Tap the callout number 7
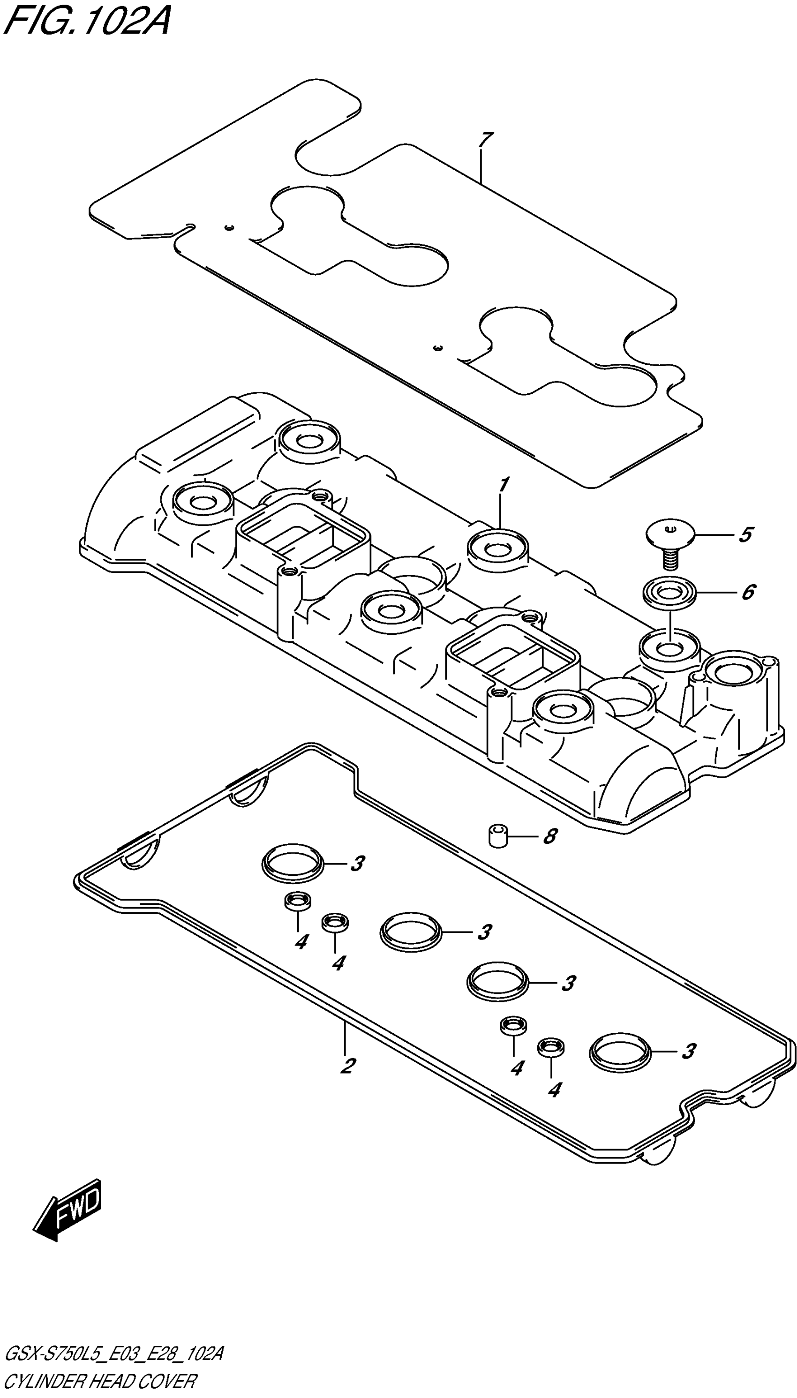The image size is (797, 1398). point(485,140)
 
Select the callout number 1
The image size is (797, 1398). point(504,485)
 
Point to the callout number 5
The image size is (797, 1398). point(745,535)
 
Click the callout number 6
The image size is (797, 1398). point(748,592)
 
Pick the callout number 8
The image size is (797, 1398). point(549,836)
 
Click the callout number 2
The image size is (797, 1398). point(347,1065)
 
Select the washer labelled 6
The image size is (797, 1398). point(669,593)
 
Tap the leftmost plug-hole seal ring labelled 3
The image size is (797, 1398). point(293,863)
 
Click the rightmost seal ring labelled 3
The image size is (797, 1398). point(620,1051)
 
